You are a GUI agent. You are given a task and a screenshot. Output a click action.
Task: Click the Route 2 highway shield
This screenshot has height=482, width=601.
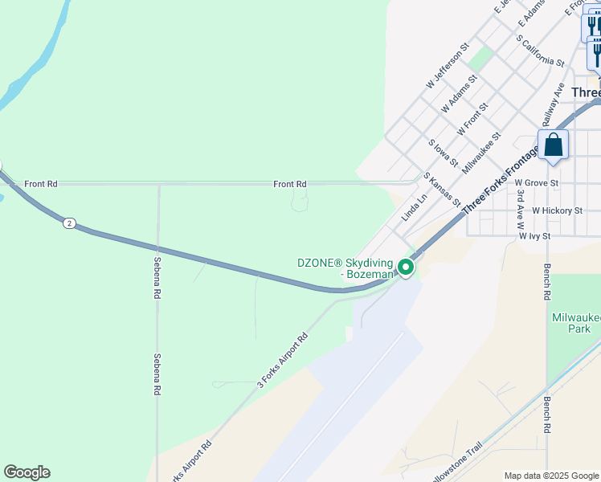click(x=70, y=223)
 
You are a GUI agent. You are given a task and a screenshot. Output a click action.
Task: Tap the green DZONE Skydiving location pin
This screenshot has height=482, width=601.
click(x=407, y=267)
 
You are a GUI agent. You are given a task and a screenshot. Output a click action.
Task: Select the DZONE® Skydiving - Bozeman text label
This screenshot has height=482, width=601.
click(x=345, y=268)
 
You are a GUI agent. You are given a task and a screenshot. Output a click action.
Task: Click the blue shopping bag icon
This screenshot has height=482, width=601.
click(x=553, y=145)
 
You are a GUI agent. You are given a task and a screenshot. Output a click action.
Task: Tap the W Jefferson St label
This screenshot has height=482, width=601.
click(x=447, y=67)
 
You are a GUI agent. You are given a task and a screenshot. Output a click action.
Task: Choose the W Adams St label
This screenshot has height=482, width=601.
click(x=459, y=94)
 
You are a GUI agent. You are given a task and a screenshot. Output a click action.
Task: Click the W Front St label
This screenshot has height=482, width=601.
click(x=472, y=118)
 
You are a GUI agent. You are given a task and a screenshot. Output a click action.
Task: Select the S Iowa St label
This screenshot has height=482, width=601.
click(x=443, y=153)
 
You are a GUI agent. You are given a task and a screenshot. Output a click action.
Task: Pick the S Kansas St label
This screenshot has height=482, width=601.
click(x=441, y=190)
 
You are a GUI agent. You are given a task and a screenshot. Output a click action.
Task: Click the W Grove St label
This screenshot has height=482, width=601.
click(x=537, y=183)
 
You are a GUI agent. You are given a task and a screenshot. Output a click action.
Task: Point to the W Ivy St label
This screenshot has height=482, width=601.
click(x=534, y=236)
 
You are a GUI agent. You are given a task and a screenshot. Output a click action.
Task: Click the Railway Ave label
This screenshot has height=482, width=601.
click(x=554, y=100)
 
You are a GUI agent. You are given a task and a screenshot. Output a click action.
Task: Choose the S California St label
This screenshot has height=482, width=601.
click(x=540, y=50)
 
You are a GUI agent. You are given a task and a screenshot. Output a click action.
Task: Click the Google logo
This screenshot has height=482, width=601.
click(x=27, y=472)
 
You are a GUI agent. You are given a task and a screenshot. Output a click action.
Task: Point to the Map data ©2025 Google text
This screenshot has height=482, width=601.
click(x=550, y=476)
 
